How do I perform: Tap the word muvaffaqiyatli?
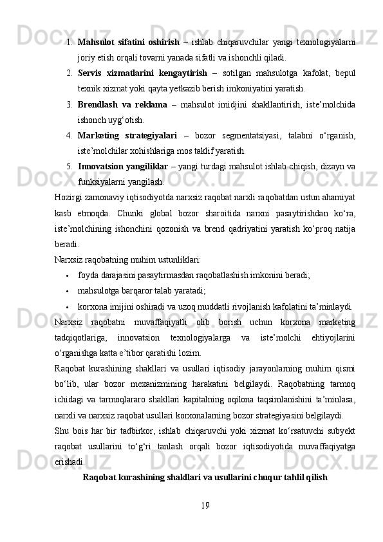163,322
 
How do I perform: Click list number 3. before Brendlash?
68,104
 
